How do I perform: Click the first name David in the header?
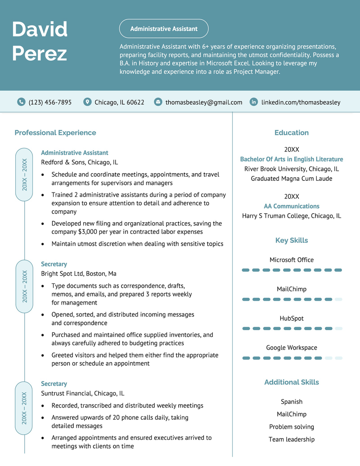pos(40,30)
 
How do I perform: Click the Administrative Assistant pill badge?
pos(164,29)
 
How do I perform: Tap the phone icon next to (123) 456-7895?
pos(21,102)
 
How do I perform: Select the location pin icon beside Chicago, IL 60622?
pos(87,102)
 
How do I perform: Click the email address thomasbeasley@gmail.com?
pos(203,103)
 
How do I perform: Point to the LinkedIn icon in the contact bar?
pos(254,102)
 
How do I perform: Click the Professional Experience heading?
pos(55,133)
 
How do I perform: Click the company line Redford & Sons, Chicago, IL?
pos(79,162)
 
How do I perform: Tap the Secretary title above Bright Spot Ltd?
pos(54,264)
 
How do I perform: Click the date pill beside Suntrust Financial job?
pos(24,408)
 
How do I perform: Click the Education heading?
pos(292,133)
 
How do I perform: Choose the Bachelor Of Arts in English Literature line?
pos(292,159)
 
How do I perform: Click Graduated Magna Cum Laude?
pos(292,179)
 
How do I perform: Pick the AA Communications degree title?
pos(292,206)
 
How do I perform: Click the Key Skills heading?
pos(292,241)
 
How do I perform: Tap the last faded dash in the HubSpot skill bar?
pos(338,328)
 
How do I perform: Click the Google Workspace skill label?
pos(292,348)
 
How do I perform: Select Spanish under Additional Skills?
pos(292,402)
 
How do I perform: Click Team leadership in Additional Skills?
pos(292,439)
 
